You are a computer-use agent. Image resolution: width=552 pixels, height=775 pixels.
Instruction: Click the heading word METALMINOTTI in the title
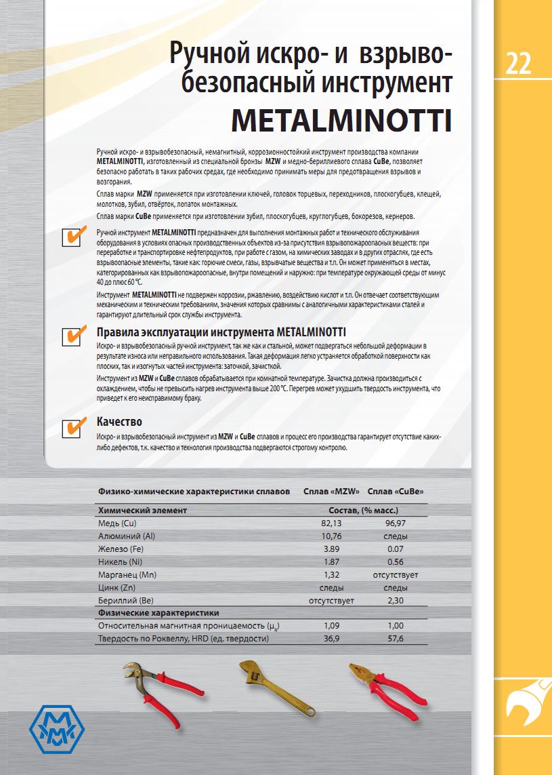[x=341, y=120]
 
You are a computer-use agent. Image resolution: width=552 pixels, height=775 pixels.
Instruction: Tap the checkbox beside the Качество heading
[x=72, y=428]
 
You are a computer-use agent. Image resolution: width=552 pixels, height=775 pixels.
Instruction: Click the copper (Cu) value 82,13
[x=331, y=523]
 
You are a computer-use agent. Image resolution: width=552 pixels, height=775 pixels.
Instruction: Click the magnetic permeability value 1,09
[x=331, y=625]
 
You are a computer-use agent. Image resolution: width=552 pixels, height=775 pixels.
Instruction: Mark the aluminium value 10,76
[x=331, y=536]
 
